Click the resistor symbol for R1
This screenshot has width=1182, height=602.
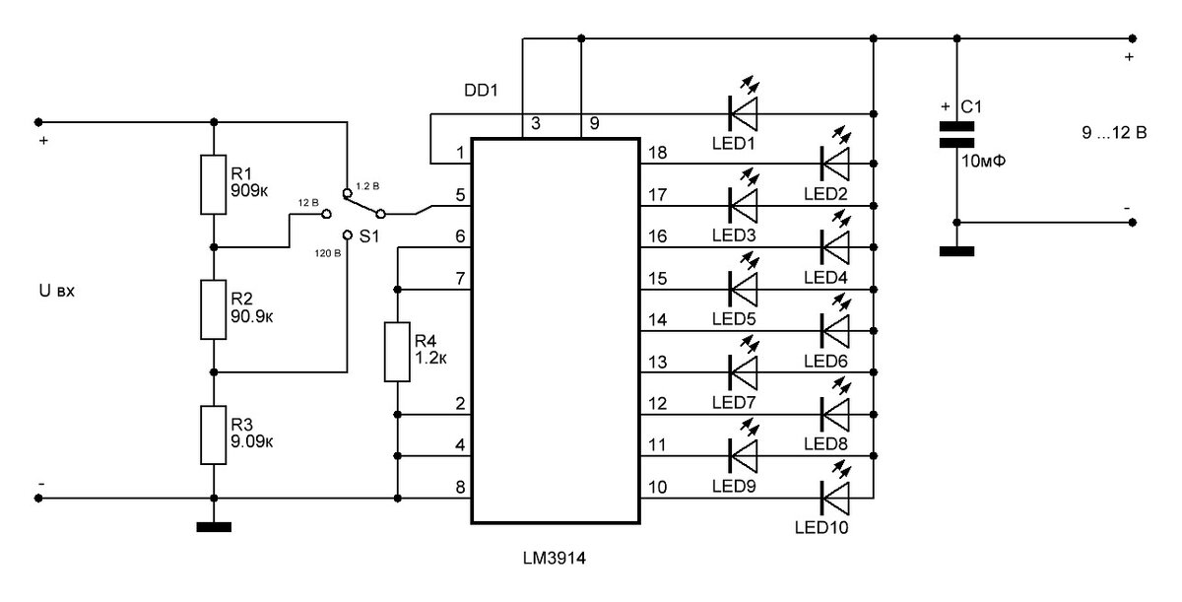click(x=214, y=184)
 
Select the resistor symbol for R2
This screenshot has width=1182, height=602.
click(x=214, y=309)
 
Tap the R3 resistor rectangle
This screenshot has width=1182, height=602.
click(x=214, y=435)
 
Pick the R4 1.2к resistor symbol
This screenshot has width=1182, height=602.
click(x=397, y=351)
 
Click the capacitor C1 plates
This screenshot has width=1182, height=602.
click(x=954, y=135)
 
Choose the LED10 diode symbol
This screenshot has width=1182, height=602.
click(x=835, y=491)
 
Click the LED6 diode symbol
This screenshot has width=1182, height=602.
click(x=835, y=326)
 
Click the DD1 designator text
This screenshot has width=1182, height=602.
click(x=482, y=90)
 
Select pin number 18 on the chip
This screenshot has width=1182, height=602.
click(x=659, y=153)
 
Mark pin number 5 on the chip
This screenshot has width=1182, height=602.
click(x=460, y=195)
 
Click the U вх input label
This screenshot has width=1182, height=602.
click(x=56, y=294)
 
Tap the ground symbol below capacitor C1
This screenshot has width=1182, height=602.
click(x=954, y=250)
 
